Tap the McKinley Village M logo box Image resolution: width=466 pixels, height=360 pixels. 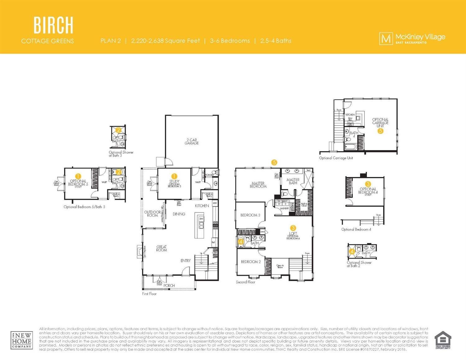point(386,39)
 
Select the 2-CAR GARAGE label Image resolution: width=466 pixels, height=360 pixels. point(191,142)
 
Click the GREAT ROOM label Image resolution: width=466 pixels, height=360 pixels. point(162,248)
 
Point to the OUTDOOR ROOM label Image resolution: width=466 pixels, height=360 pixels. point(152,214)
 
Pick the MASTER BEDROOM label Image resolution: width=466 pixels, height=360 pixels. point(258,185)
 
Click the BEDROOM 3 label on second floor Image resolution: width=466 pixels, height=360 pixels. point(250,215)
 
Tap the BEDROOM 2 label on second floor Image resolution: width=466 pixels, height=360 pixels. point(251,262)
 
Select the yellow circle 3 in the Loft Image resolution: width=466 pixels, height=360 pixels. point(293,228)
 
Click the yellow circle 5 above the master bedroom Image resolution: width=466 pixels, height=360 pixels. point(274,162)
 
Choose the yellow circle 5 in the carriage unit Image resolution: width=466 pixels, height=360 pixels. point(380,131)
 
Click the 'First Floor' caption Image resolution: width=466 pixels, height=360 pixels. point(149,294)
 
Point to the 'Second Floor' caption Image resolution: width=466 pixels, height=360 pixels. point(245,282)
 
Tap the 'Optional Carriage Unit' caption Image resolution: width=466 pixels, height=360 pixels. point(336,158)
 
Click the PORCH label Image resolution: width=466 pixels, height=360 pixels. point(169,285)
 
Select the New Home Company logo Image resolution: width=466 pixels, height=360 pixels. point(21,340)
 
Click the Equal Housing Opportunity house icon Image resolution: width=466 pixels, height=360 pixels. point(443,340)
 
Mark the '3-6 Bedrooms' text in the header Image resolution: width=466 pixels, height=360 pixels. point(230,41)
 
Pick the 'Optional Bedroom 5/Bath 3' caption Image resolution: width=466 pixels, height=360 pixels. point(84,207)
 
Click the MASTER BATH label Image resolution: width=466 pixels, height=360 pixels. point(293,181)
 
